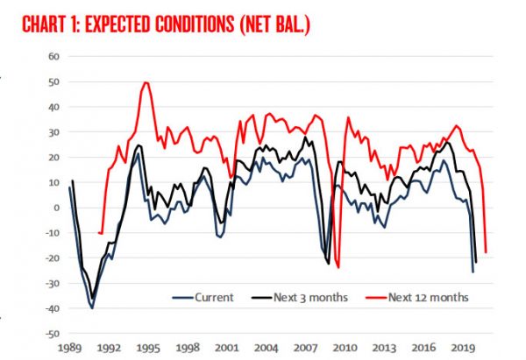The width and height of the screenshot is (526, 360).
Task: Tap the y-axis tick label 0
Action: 54,208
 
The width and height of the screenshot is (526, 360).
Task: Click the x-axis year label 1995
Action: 147,348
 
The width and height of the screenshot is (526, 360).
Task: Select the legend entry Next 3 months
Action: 308,297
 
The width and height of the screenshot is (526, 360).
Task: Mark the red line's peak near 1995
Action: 146,83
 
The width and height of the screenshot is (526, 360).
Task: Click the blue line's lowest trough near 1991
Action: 92,307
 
